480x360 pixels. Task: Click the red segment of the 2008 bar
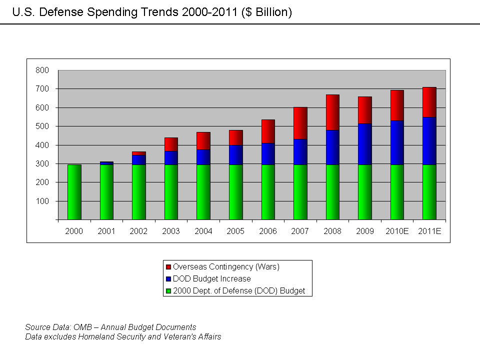coord(332,112)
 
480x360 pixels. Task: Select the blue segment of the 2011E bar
coord(429,141)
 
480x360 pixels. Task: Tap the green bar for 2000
coord(74,192)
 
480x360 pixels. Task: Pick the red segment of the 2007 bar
coord(300,123)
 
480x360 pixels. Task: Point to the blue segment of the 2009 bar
coord(365,144)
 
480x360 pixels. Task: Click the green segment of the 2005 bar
coord(236,192)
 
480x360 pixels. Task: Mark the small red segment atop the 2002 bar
coord(139,153)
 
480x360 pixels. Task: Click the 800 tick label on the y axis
coord(42,70)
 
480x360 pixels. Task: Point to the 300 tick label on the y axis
coord(42,164)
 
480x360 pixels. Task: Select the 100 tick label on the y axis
coord(42,201)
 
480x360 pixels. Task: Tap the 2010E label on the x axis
coord(397,231)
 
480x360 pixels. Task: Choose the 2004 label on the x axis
coord(203,231)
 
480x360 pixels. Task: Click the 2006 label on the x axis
coord(268,231)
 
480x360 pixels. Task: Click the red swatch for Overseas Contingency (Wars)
coord(168,267)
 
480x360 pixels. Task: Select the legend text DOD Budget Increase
coord(212,278)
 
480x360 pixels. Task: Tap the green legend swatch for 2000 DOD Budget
coord(168,290)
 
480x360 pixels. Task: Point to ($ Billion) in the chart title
coord(266,12)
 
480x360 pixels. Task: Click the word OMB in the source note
coord(80,327)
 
